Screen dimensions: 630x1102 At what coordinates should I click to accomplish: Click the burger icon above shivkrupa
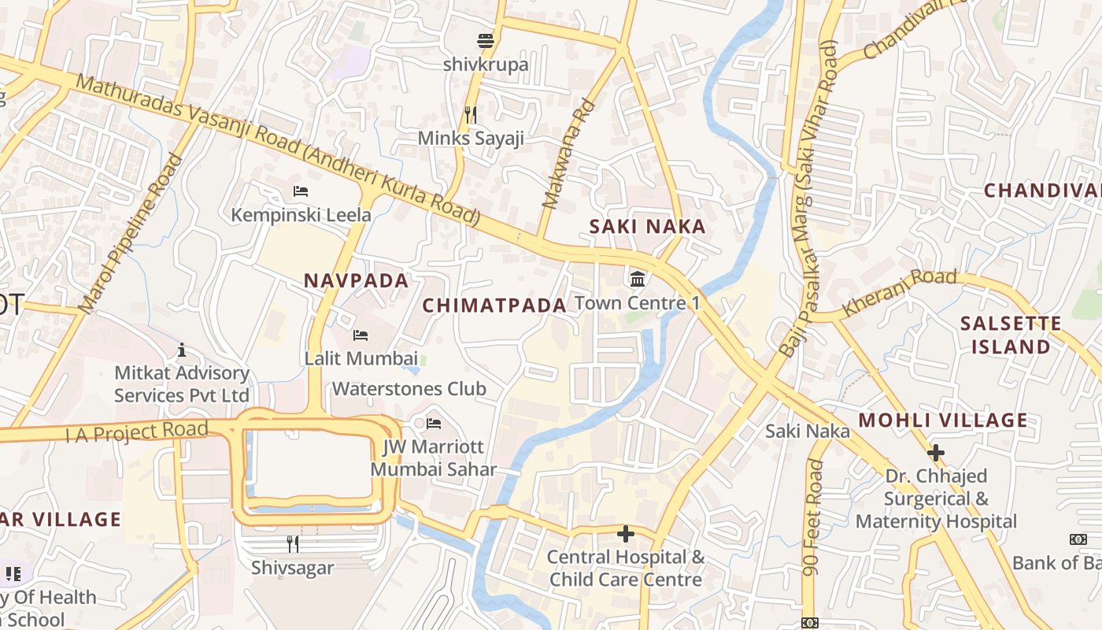coord(486,40)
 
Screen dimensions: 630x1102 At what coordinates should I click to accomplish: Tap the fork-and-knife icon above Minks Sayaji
coord(471,115)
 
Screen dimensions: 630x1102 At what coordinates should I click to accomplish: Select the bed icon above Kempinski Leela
coord(300,191)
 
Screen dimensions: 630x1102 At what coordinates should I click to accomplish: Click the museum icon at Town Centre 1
coord(638,279)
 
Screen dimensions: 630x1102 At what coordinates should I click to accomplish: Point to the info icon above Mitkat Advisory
coord(182,350)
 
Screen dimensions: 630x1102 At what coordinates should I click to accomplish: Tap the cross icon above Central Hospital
coord(626,534)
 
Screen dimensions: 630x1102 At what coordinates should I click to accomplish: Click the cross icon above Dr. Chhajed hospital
coord(935,453)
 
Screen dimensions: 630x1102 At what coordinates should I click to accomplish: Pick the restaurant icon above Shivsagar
coord(292,543)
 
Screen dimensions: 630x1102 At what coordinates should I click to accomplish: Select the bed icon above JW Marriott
coord(434,424)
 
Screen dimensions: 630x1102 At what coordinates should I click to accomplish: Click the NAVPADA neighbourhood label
coord(357,280)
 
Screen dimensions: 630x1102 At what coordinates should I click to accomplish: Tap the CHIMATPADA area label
coord(494,306)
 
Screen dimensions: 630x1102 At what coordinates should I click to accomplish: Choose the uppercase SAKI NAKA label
coord(648,227)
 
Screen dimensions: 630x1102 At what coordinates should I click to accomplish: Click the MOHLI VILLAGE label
coord(943,421)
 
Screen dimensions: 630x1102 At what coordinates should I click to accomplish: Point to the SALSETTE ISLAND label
coord(1011,335)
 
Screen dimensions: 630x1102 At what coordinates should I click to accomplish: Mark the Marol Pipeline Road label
coord(131,233)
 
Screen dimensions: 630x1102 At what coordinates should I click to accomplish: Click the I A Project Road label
coord(137,432)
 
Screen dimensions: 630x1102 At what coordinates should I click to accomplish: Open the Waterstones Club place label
coord(409,389)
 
